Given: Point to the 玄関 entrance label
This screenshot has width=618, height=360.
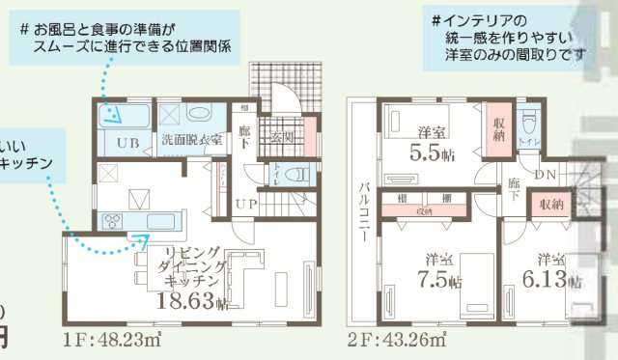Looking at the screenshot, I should tap(283, 137).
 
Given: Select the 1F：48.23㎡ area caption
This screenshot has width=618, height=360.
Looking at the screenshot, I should tap(112, 340).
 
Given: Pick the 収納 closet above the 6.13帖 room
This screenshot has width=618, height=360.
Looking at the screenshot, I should tap(551, 205).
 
